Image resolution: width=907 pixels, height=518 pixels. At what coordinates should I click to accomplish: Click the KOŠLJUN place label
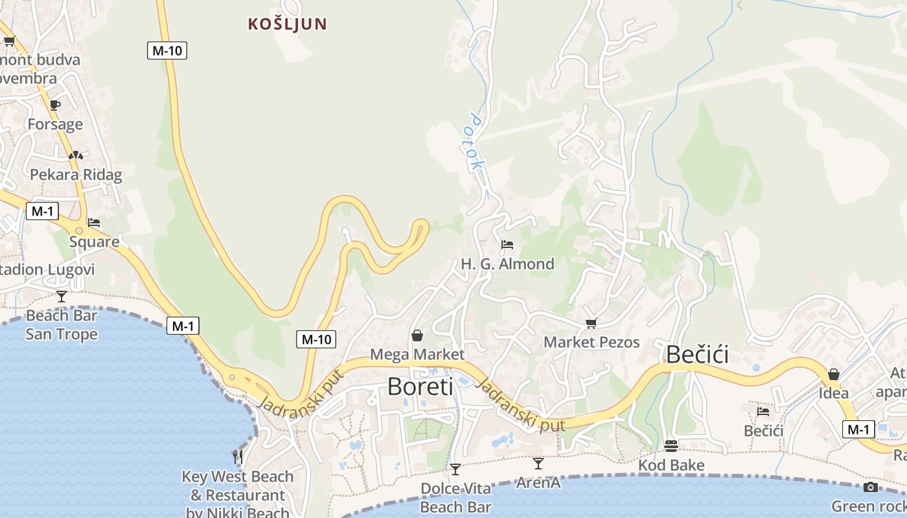coord(287,25)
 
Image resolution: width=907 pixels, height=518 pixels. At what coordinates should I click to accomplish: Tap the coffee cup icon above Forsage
coord(55,105)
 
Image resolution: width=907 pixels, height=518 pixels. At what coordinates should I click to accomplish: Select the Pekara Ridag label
coord(76,174)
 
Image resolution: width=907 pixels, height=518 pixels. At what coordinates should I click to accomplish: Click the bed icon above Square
coord(94,223)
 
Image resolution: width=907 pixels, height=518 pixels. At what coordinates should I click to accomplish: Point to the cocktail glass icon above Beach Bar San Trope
coord(62,297)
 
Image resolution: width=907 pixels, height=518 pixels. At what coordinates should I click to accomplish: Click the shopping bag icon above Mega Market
coord(417,335)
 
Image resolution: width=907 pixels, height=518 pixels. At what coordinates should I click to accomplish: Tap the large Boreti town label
coord(420,387)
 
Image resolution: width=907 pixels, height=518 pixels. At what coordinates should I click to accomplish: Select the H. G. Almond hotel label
coord(507,264)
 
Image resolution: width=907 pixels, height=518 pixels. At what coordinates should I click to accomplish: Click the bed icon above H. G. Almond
coord(507,245)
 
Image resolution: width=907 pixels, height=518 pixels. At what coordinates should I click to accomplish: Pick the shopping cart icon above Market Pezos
coord(591,323)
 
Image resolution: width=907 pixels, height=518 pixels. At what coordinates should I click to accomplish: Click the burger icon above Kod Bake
coord(671,445)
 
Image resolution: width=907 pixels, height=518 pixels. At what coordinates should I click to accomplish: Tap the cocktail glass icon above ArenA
coord(538,463)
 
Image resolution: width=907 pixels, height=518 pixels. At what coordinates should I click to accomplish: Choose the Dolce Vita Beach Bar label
coord(455,497)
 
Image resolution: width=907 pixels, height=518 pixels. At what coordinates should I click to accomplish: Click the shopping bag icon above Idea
coord(834,374)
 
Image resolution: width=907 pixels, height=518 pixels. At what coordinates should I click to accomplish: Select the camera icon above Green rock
coord(871,487)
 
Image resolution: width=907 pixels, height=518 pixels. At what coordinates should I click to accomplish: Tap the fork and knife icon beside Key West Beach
coord(238,457)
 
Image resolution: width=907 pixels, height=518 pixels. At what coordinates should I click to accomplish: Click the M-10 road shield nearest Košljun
coord(166,51)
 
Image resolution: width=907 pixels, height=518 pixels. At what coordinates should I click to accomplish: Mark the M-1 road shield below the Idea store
coord(858,429)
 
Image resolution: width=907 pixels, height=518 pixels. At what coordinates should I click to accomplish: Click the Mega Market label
coord(417,354)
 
